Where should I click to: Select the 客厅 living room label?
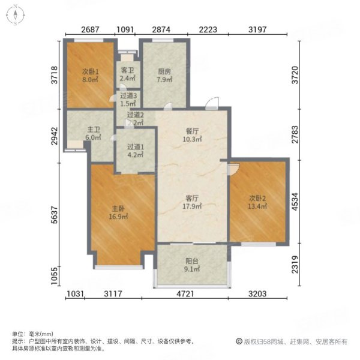(191, 202)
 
